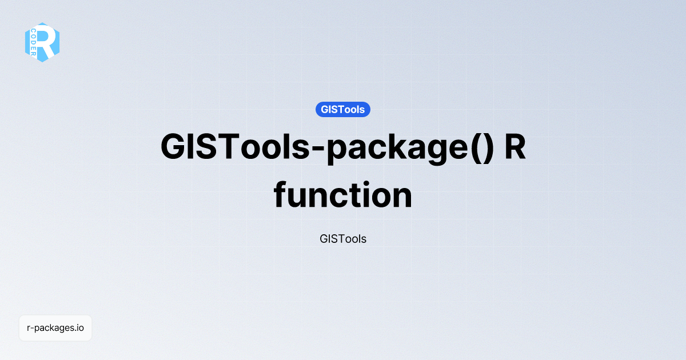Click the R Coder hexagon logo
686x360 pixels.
pos(42,42)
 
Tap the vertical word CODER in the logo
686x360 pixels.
pos(33,42)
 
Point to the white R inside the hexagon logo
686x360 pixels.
pos(46,42)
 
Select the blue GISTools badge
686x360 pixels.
pos(342,109)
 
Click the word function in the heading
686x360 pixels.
pos(342,195)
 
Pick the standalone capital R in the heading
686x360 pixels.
pos(515,147)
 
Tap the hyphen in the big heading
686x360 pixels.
pos(317,149)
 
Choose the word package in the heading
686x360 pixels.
pos(397,149)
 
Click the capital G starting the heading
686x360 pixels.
pos(173,147)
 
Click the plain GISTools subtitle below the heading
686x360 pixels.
pos(342,239)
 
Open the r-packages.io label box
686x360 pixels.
pos(55,328)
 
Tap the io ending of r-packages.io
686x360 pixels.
pos(79,327)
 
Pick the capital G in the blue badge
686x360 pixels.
pos(325,109)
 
